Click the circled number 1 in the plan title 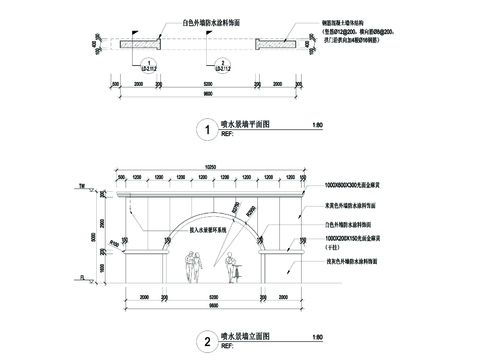(204, 129)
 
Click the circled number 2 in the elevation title (204, 341)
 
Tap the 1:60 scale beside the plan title (318, 125)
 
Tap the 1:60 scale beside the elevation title (318, 337)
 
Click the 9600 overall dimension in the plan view (207, 94)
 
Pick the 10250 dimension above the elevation (210, 166)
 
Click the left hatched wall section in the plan (141, 44)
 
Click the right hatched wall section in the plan (273, 44)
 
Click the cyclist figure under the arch (232, 267)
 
